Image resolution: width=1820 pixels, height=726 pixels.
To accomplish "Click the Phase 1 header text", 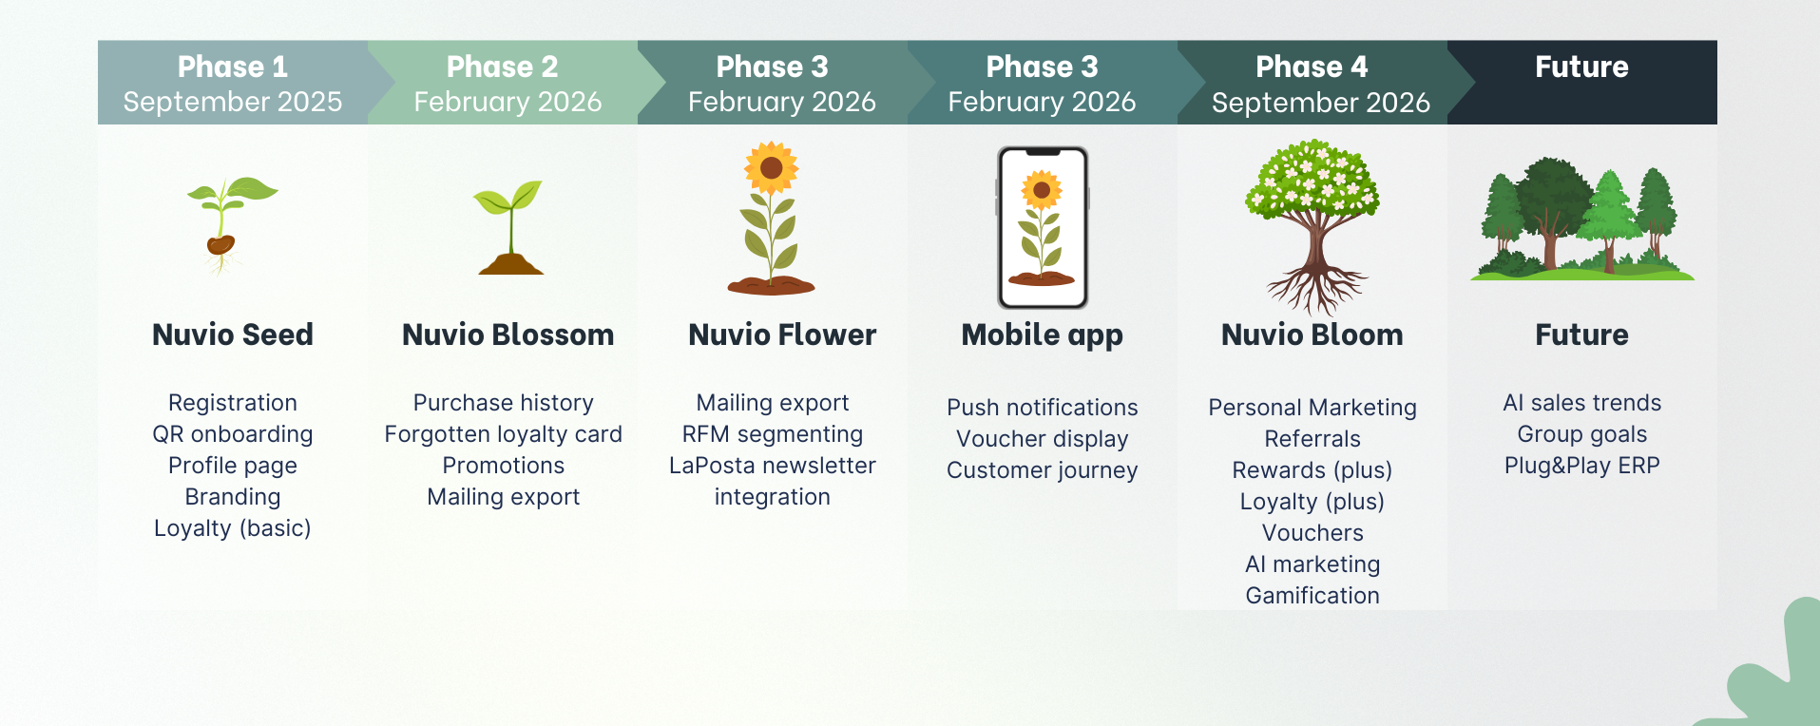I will point(232,67).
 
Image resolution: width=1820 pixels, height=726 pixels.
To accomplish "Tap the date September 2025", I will point(232,102).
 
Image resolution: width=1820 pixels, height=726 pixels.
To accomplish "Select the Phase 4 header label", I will point(1312,67).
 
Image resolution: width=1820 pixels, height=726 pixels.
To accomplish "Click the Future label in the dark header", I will point(1581,67).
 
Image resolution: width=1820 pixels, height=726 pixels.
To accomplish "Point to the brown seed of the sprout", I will point(220,245).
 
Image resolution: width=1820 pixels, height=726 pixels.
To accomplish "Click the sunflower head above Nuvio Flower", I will point(771,168).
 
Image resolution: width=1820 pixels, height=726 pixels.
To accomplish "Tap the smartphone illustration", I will point(1043,228).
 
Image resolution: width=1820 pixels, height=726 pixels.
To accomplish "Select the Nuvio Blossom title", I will point(508,334).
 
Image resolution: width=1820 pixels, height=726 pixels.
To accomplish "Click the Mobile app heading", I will point(1042,334).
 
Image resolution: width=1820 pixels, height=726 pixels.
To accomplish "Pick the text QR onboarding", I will point(232,434).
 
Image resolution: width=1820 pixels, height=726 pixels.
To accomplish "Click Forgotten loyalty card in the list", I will point(503,434).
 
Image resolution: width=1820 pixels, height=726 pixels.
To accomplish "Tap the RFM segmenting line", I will point(772,434).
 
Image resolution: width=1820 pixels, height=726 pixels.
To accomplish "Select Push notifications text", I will point(1042,408).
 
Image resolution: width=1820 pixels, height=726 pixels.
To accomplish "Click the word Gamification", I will point(1312,596).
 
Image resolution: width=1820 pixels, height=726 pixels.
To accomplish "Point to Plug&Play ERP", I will point(1581,466).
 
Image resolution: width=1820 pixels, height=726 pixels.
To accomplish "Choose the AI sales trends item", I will point(1581,403).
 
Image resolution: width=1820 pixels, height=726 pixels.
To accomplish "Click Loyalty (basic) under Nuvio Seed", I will point(232,528).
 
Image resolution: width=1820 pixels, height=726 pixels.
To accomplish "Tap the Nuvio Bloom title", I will point(1312,334).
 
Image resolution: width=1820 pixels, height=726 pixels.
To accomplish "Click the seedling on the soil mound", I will point(510,233).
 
